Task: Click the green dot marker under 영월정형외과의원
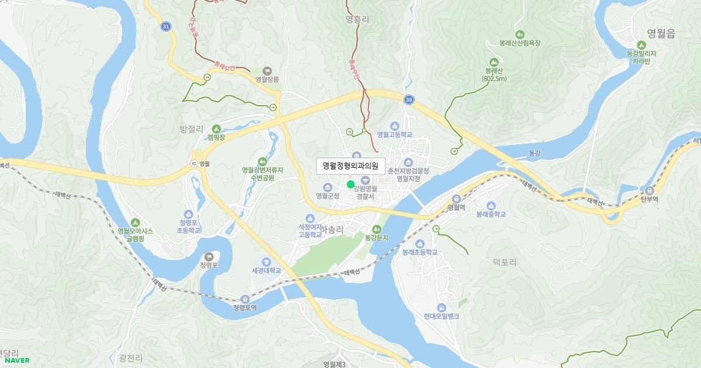pyautogui.click(x=350, y=185)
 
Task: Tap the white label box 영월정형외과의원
pyautogui.click(x=350, y=166)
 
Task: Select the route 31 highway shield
pyautogui.click(x=166, y=27)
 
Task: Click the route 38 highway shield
pyautogui.click(x=408, y=100)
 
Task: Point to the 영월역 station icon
pyautogui.click(x=455, y=199)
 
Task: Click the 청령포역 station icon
pyautogui.click(x=245, y=299)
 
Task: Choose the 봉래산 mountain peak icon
pyautogui.click(x=494, y=61)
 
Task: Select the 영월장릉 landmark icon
pyautogui.click(x=268, y=70)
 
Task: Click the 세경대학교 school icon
pyautogui.click(x=266, y=262)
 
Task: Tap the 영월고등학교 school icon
pyautogui.click(x=394, y=126)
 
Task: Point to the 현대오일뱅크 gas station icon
pyautogui.click(x=442, y=307)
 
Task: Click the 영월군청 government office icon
pyautogui.click(x=327, y=187)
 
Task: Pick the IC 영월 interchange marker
pyautogui.click(x=195, y=164)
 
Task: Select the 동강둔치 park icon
pyautogui.click(x=377, y=229)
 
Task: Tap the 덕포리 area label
pyautogui.click(x=505, y=262)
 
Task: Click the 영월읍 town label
pyautogui.click(x=661, y=34)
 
